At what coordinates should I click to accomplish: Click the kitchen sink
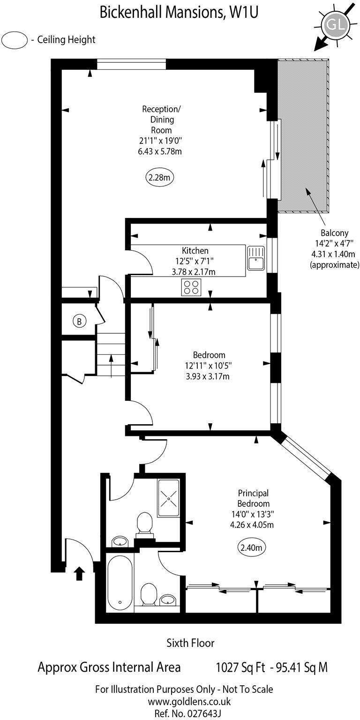pos(256,259)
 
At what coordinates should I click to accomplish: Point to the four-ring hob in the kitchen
pos(191,287)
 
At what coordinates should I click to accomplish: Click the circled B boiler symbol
pos(80,322)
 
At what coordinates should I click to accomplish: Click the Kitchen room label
pos(195,251)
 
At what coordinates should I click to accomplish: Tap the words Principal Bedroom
pos(253,498)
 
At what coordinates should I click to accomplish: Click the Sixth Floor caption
pos(190,643)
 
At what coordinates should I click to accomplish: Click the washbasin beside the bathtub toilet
pos(167,600)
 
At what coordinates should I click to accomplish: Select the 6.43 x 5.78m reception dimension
pos(161,151)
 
